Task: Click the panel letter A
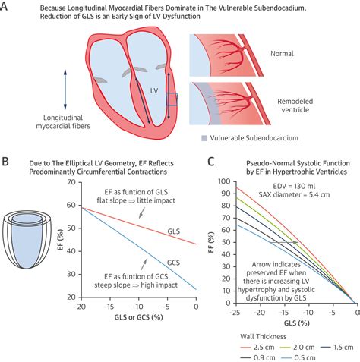(7, 8)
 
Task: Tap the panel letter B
(7, 163)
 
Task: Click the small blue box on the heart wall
(172, 99)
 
